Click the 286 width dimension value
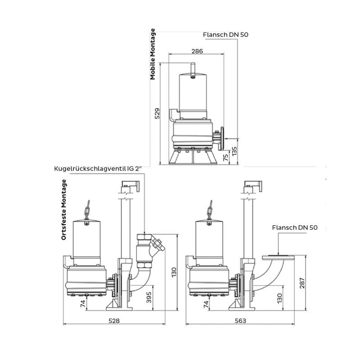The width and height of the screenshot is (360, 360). pyautogui.click(x=197, y=51)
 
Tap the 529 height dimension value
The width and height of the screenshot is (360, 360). pyautogui.click(x=157, y=113)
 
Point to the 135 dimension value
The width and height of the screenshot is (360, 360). pyautogui.click(x=234, y=152)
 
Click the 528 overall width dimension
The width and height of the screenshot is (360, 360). pyautogui.click(x=114, y=320)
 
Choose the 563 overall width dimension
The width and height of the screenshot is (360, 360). pyautogui.click(x=240, y=320)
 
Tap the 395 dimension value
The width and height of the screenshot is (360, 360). pyautogui.click(x=149, y=297)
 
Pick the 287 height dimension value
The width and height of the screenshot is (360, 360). pyautogui.click(x=302, y=283)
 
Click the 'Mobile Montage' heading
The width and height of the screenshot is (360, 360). pyautogui.click(x=153, y=54)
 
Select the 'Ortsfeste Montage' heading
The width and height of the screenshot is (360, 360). pyautogui.click(x=63, y=210)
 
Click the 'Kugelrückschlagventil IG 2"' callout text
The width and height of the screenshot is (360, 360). pyautogui.click(x=98, y=169)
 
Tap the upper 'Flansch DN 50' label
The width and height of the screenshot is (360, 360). pyautogui.click(x=225, y=35)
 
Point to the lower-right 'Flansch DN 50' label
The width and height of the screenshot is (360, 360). pyautogui.click(x=295, y=228)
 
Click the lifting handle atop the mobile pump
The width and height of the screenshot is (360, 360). pyautogui.click(x=193, y=70)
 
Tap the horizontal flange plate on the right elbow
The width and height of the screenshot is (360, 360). pyautogui.click(x=278, y=257)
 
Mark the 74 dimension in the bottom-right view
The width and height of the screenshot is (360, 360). pyautogui.click(x=206, y=305)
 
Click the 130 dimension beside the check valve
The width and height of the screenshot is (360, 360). pyautogui.click(x=174, y=272)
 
